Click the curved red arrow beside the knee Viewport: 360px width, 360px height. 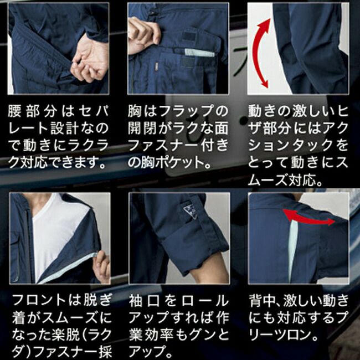pyautogui.click(x=256, y=53)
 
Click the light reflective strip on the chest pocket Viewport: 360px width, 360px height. pyautogui.click(x=199, y=53)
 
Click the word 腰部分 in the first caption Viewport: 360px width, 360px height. pyautogui.click(x=33, y=111)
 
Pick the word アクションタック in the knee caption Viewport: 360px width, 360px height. pyautogui.click(x=298, y=137)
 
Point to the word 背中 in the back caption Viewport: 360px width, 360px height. pyautogui.click(x=262, y=300)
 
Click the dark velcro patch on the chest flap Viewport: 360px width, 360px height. pyautogui.click(x=188, y=37)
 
